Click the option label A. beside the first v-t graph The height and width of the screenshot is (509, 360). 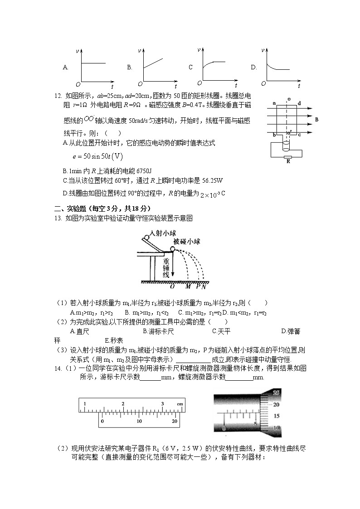[x=66, y=67]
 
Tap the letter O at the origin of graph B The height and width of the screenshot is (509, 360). [x=140, y=84]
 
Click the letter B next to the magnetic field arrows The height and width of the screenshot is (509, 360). [x=316, y=120]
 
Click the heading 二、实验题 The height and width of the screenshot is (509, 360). [x=70, y=208]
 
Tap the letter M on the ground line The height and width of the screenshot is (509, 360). [x=188, y=286]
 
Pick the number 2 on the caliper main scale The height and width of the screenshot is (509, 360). [x=123, y=403]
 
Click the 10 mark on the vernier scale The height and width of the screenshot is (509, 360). [x=139, y=421]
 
